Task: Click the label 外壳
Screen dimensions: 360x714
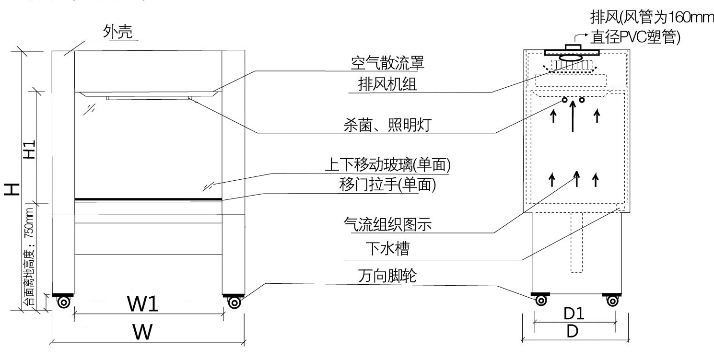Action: (x=118, y=32)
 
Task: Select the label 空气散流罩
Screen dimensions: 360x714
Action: (x=387, y=62)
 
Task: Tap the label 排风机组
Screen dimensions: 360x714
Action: (x=387, y=84)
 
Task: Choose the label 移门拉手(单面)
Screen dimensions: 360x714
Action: (x=387, y=185)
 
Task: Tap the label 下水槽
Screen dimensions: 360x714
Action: (x=387, y=249)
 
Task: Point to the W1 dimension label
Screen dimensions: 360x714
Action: (x=142, y=303)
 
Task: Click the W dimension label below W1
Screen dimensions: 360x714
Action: (x=143, y=331)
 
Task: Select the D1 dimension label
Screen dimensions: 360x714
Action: (x=573, y=314)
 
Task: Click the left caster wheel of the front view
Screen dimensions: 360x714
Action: (x=63, y=302)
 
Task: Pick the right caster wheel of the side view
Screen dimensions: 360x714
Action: (x=612, y=301)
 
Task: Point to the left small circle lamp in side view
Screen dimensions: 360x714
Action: (x=564, y=100)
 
